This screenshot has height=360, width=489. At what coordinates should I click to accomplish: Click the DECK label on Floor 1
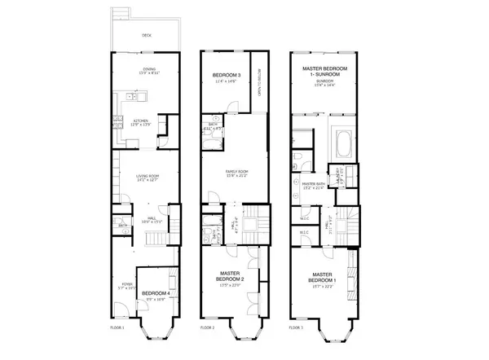click(x=148, y=36)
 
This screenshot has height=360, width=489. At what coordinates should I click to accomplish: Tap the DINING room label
click(x=149, y=69)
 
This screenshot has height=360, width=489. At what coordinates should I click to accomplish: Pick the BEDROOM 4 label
click(x=155, y=292)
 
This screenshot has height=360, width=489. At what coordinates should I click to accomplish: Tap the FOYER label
click(x=126, y=284)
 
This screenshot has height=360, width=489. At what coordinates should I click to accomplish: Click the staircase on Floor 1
click(x=155, y=238)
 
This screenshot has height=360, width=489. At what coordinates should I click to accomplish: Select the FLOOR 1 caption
click(x=117, y=327)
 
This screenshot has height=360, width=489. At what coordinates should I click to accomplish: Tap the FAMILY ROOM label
click(x=236, y=172)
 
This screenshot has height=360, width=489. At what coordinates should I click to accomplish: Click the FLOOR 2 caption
click(x=207, y=327)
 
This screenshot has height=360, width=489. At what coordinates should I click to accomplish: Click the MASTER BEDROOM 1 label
click(x=326, y=278)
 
